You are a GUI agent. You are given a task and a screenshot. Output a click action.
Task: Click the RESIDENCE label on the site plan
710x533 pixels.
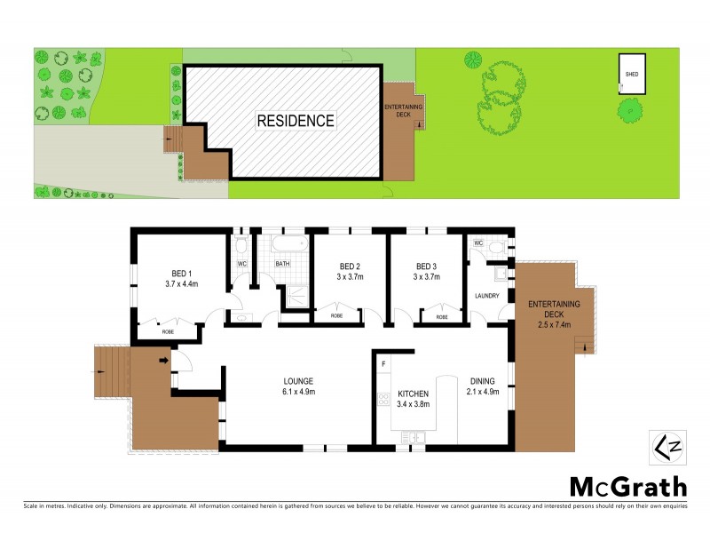click(296, 121)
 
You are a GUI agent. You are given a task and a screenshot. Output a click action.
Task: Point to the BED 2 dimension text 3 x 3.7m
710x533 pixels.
click(349, 277)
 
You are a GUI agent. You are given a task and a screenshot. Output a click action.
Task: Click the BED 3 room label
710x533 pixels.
click(426, 266)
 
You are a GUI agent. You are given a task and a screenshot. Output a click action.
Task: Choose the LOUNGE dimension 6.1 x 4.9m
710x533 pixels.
click(297, 390)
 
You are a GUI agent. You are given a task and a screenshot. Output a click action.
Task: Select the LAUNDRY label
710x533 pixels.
click(487, 296)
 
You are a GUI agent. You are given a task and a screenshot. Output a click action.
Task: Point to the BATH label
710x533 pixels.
click(282, 264)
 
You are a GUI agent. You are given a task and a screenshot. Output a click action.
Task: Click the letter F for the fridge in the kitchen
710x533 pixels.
click(383, 364)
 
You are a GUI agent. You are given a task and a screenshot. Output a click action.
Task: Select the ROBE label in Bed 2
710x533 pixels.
click(337, 316)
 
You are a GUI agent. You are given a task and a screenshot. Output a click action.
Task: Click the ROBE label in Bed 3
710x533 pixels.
click(441, 316)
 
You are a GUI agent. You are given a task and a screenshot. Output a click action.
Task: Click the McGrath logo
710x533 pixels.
click(627, 486)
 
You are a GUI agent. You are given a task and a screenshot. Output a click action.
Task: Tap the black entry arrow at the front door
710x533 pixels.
click(164, 360)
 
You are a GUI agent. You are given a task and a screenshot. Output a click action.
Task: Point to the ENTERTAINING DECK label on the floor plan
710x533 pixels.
click(554, 309)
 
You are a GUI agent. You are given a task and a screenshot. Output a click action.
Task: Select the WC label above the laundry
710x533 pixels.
click(478, 243)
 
